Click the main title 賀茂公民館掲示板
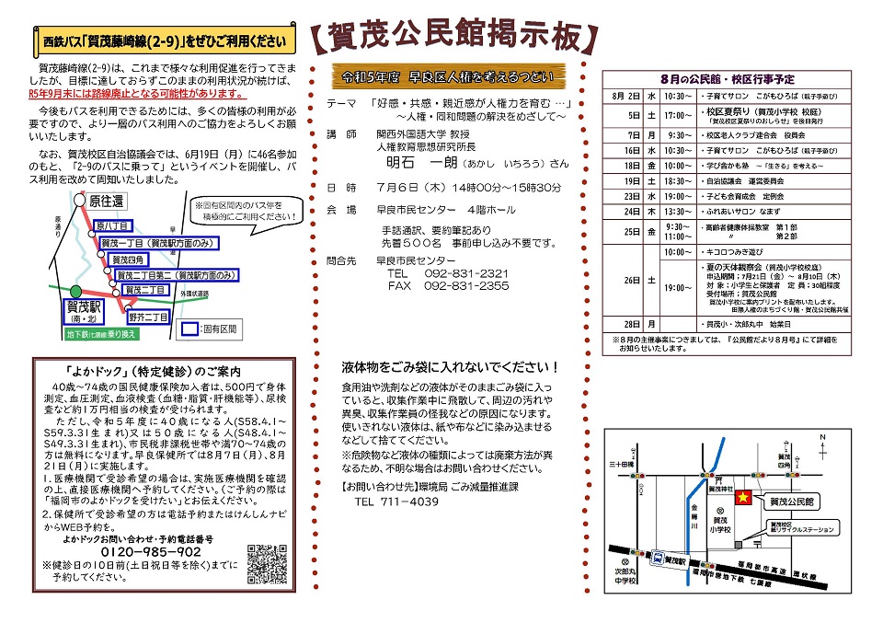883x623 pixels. tap(451, 36)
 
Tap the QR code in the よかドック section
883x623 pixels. tap(268, 563)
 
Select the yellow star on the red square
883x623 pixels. tap(745, 498)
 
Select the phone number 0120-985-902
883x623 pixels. tap(143, 552)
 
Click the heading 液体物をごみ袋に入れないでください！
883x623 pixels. tap(451, 367)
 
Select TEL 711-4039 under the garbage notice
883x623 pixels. tap(396, 502)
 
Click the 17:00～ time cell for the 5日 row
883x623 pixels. tap(675, 116)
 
